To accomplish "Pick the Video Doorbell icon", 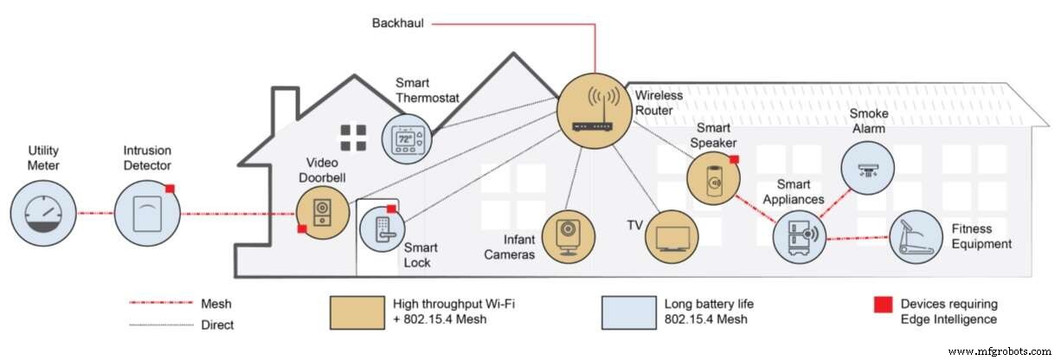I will point(322,212).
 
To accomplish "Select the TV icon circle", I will point(670,236).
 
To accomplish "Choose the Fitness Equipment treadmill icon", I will point(916,236).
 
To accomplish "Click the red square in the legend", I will point(883,305).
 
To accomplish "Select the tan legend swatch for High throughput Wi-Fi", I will point(356,312).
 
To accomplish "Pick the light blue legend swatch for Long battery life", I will point(627,312).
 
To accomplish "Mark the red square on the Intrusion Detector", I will point(170,188).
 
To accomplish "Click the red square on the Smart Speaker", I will point(734,159).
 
